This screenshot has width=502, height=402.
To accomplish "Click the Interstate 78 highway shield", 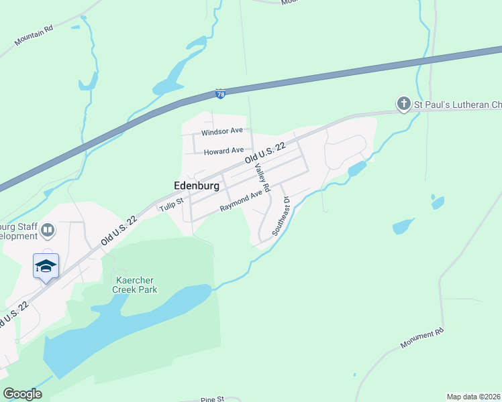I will [221, 94].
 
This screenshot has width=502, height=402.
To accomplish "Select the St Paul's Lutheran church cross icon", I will [403, 104].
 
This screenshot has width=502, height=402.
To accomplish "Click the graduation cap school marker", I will [46, 266].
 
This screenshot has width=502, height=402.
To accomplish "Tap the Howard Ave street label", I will [223, 151].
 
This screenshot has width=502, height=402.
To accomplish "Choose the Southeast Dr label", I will [280, 216].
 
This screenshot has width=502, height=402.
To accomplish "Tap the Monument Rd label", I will [422, 338].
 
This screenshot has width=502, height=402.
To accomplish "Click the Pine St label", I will [211, 399].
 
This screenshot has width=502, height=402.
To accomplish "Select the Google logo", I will [22, 393].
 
